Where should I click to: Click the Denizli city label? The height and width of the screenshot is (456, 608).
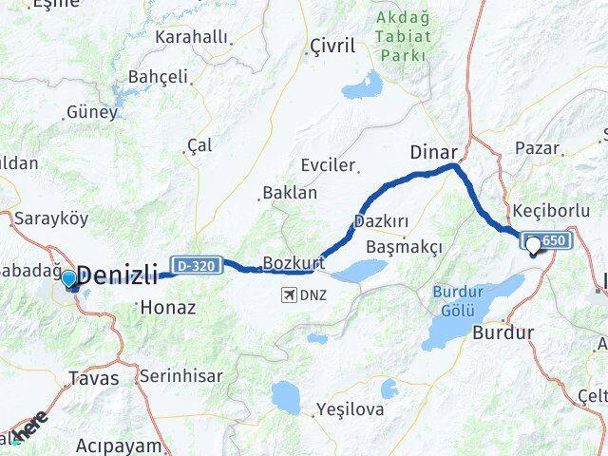tap(117, 276)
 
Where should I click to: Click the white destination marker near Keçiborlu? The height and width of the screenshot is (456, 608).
tap(533, 245)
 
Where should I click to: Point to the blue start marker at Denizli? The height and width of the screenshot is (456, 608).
tap(68, 278)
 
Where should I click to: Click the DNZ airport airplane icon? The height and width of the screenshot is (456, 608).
tap(288, 294)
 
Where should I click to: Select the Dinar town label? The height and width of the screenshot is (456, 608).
tap(434, 151)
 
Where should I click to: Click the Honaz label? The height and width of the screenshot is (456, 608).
tap(167, 307)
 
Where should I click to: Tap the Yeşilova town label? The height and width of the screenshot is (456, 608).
tap(351, 411)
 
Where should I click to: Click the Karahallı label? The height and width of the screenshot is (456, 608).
tap(194, 37)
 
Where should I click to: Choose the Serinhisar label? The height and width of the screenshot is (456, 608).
tap(180, 375)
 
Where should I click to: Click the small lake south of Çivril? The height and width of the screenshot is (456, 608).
tap(360, 89)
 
